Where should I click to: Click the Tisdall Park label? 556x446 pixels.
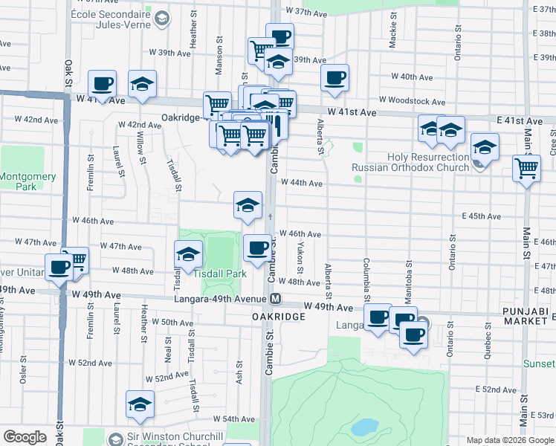pyautogui.click(x=220, y=274)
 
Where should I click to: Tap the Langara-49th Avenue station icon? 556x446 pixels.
pyautogui.click(x=275, y=299)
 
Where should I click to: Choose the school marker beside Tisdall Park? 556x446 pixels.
pyautogui.click(x=189, y=254)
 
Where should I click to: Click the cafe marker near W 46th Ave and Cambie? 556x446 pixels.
pyautogui.click(x=257, y=248)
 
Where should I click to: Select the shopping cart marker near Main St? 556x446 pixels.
pyautogui.click(x=526, y=169)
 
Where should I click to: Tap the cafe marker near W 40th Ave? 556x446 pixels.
pyautogui.click(x=334, y=77)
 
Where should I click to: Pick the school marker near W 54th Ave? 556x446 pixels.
pyautogui.click(x=139, y=404)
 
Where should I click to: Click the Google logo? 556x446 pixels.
pyautogui.click(x=25, y=437)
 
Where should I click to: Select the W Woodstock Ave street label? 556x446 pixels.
pyautogui.click(x=412, y=100)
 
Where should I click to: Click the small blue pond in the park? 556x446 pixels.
pyautogui.click(x=363, y=427)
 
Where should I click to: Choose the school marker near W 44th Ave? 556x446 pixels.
pyautogui.click(x=248, y=204)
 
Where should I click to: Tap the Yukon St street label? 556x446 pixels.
pyautogui.click(x=300, y=256)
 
